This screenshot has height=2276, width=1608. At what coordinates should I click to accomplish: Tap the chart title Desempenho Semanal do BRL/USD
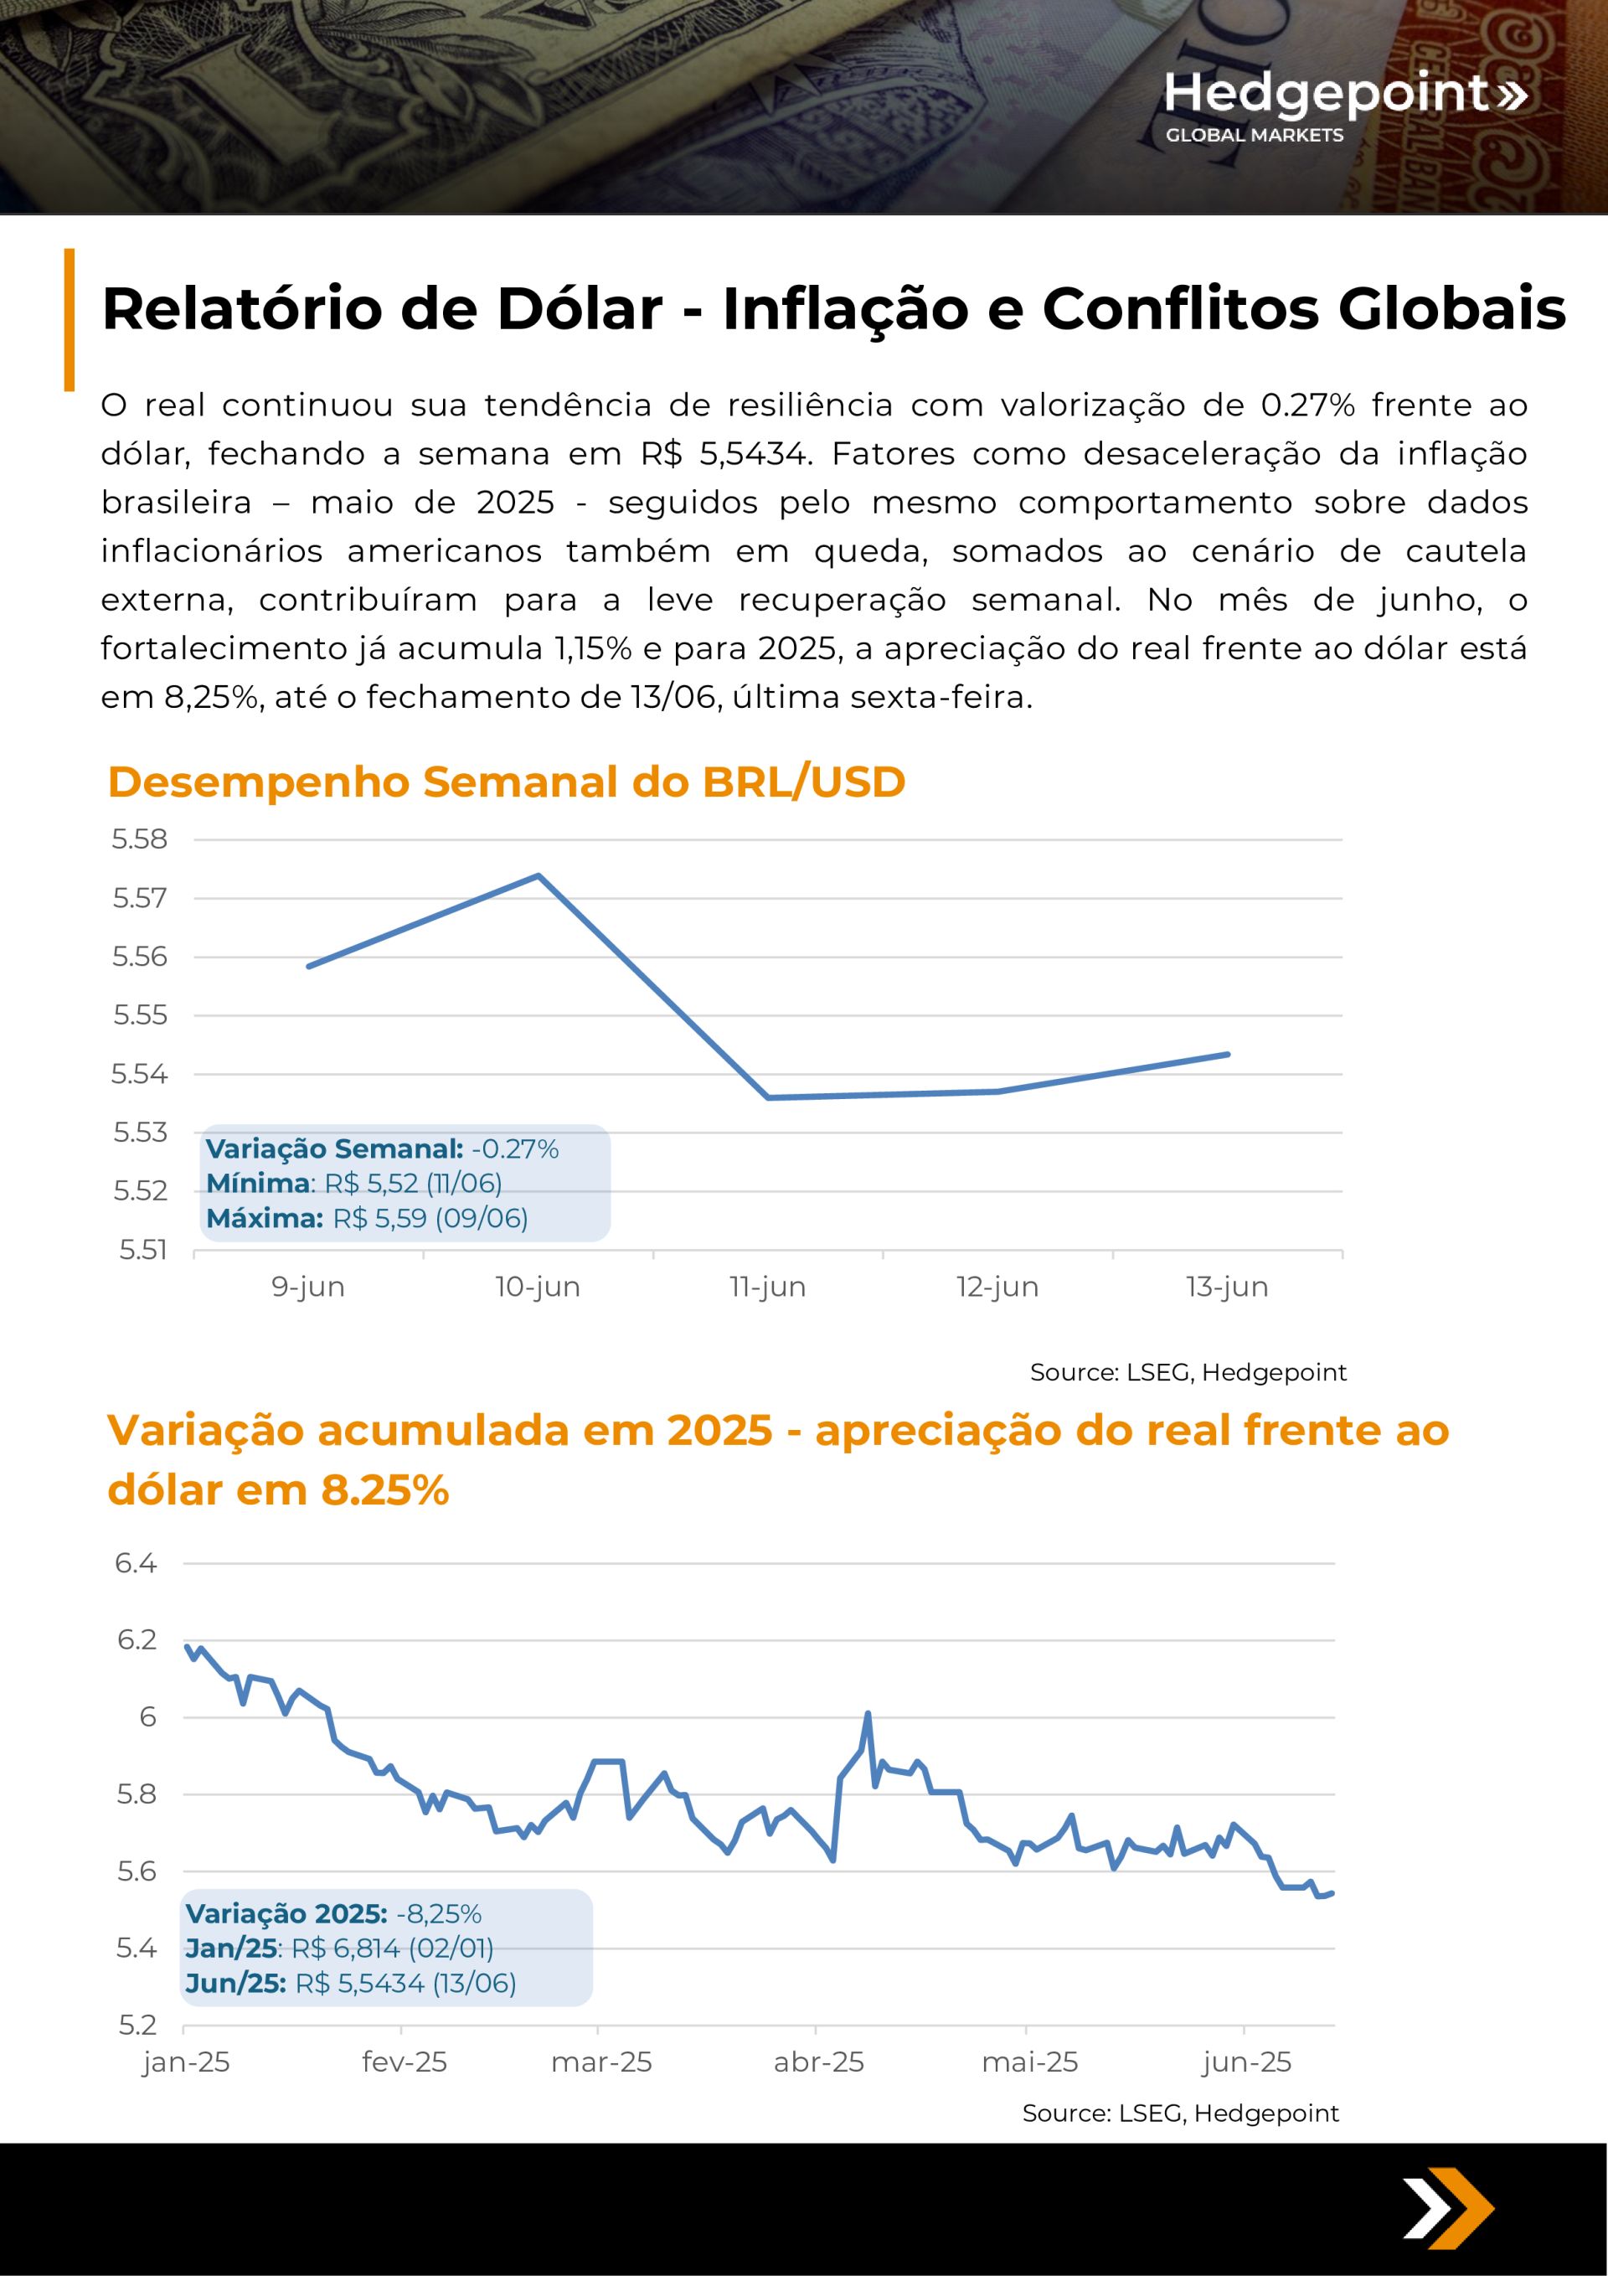pos(507,782)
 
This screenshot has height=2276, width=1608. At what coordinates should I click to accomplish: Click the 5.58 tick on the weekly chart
pos(140,839)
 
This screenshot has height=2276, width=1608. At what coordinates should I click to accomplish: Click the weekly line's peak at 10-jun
pos(539,875)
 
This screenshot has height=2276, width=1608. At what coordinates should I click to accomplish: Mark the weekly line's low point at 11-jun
pos(768,1097)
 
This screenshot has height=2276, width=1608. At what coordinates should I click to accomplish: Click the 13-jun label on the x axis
pos(1227,1287)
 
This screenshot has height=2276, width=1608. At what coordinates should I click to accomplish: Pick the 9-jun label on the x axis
pos(308,1287)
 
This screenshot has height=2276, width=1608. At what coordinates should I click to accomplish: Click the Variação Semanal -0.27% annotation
pos(383,1149)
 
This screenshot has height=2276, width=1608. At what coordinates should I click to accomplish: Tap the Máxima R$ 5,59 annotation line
pos(367,1218)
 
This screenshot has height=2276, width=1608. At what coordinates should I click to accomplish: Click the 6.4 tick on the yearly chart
pos(136,1564)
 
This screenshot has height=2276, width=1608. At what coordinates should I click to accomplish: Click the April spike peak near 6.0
pos(868,1713)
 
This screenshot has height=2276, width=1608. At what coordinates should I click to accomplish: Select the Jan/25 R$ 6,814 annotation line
pos(339,1948)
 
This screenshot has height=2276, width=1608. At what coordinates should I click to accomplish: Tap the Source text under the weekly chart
pos(1188,1372)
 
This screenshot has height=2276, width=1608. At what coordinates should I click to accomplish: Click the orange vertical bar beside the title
pos(70,319)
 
